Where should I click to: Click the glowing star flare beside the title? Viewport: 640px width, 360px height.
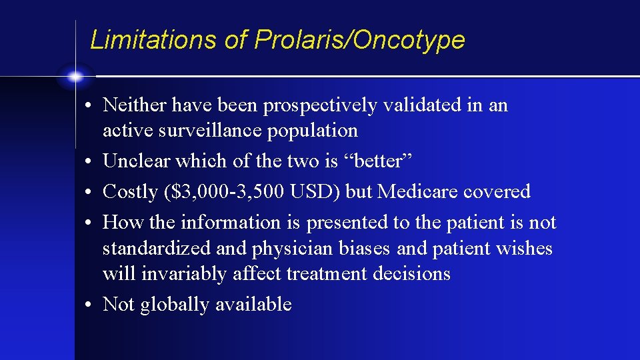76,77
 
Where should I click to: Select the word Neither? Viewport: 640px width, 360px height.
136,105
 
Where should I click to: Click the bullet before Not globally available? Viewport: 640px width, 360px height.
88,305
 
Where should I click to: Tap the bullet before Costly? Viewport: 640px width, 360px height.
88,193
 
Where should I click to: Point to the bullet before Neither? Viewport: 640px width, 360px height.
88,105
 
